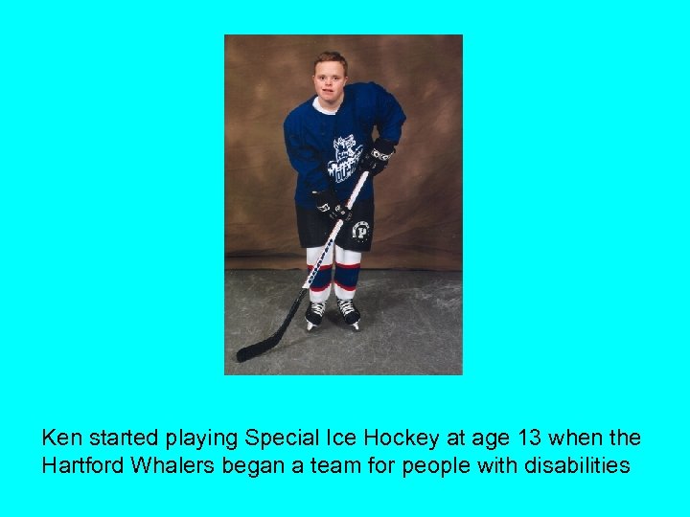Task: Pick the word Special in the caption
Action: [x=284, y=438]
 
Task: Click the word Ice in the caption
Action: [x=341, y=438]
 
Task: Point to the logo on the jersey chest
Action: [x=344, y=159]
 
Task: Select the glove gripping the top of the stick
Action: [x=380, y=154]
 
